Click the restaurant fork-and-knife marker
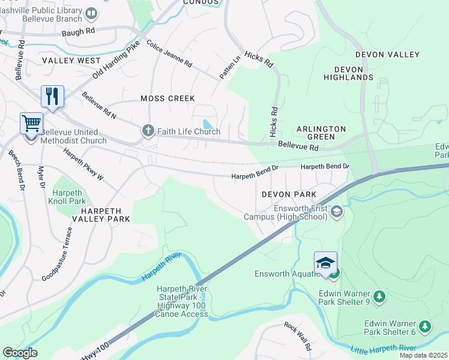click(x=52, y=96)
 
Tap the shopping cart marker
click(x=31, y=124)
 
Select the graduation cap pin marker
click(x=325, y=263)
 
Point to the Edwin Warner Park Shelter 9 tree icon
click(x=379, y=296)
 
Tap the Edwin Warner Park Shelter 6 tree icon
click(x=425, y=326)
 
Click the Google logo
click(x=20, y=353)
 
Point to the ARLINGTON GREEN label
click(x=321, y=133)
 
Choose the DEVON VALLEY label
click(x=387, y=55)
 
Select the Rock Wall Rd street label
click(x=298, y=337)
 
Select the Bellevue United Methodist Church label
click(x=74, y=136)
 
